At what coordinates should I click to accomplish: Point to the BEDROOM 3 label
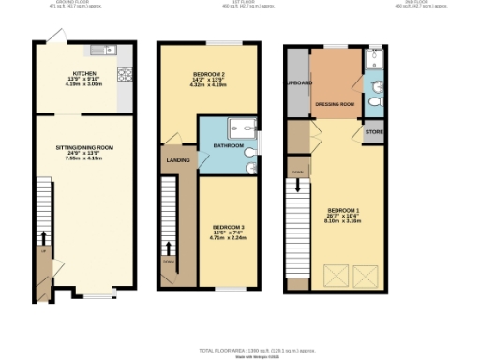[227, 227]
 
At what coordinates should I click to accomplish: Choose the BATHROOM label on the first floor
[229, 146]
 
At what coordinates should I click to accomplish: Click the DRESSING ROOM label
[334, 104]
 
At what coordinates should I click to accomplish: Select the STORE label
[374, 132]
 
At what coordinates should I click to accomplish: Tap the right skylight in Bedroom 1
[364, 275]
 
